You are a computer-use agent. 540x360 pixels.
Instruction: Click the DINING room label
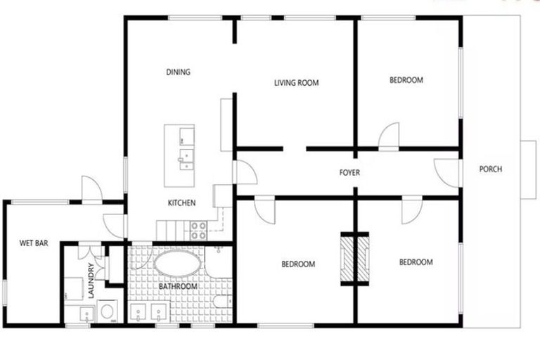tap(178, 72)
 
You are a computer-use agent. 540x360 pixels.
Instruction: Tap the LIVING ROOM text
tap(296, 83)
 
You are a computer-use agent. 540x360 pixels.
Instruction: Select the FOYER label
tap(349, 172)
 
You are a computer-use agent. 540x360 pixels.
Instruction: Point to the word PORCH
tap(490, 169)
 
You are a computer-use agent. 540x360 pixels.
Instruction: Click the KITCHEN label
tap(181, 203)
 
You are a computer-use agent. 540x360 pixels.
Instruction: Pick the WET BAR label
tap(33, 244)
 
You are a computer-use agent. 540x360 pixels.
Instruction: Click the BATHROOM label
tap(176, 287)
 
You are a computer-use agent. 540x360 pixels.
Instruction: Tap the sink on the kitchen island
tap(185, 161)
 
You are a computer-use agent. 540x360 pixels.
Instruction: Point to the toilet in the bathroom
tap(219, 304)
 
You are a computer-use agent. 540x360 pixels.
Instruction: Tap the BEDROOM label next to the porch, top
tap(406, 80)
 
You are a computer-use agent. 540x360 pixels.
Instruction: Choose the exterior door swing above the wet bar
tap(91, 188)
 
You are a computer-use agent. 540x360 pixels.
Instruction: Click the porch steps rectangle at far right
tap(528, 169)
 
